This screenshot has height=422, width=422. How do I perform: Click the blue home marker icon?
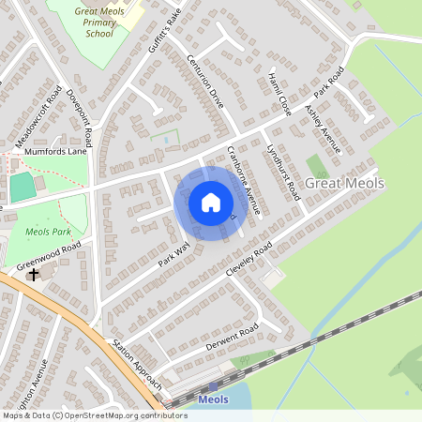211,203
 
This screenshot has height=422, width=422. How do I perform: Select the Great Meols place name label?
345,184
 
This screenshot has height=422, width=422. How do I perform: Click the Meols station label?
213,399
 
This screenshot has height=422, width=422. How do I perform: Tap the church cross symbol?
34,275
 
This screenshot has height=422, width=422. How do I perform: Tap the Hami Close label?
279,94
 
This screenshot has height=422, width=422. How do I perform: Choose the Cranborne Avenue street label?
243,173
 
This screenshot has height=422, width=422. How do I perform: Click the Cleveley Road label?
249,258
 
